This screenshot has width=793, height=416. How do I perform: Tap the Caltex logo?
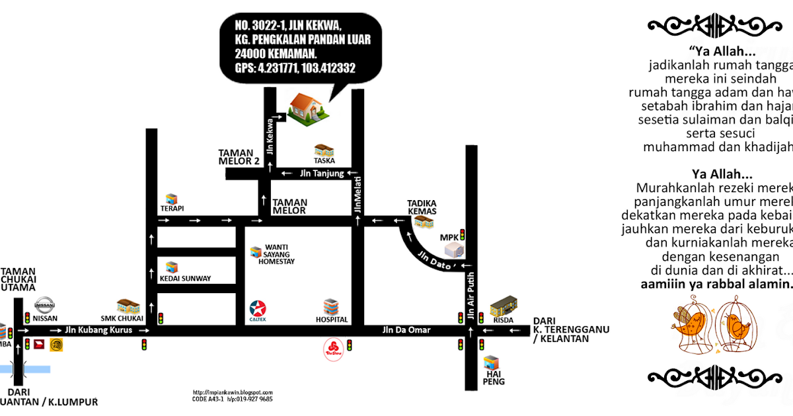258,308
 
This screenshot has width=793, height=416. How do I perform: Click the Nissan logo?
45,306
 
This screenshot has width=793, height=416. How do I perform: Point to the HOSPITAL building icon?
331,306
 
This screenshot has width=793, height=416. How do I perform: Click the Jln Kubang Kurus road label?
98,329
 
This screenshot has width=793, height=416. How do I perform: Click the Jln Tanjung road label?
322,174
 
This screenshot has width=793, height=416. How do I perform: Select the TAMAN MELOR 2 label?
239,156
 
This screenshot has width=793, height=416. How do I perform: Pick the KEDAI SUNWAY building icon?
172,267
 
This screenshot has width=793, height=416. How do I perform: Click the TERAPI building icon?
172,199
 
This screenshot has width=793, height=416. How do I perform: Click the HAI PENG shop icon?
492,363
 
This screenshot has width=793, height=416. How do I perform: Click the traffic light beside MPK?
463,234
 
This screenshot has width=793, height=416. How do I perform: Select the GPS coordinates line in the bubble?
295,67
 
